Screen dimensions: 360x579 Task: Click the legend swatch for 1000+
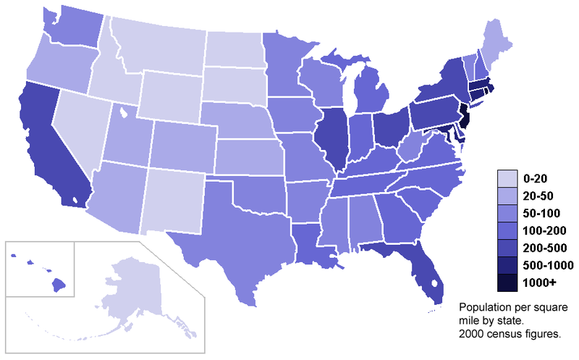click(x=507, y=283)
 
